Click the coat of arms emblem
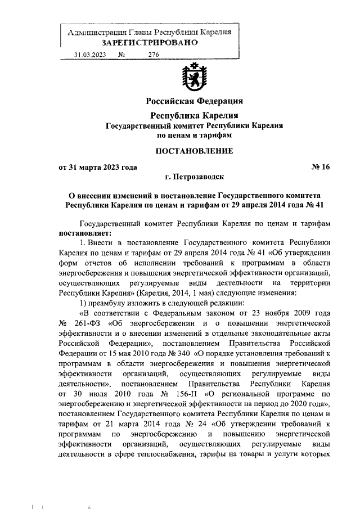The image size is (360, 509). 194,79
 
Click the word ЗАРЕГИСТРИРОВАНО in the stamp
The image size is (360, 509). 149,43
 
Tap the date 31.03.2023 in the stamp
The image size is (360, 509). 91,55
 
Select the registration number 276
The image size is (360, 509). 154,55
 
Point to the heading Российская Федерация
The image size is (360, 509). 194,101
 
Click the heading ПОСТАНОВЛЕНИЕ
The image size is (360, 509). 194,150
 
